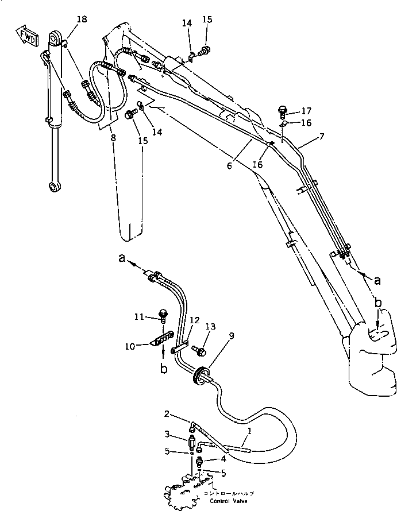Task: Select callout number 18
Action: pos(82,20)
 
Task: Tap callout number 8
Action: pos(113,137)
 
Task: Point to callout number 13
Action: pos(210,327)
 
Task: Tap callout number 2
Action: pos(166,414)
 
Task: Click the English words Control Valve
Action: pos(229,500)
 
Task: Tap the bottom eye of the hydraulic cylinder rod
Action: pos(55,186)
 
